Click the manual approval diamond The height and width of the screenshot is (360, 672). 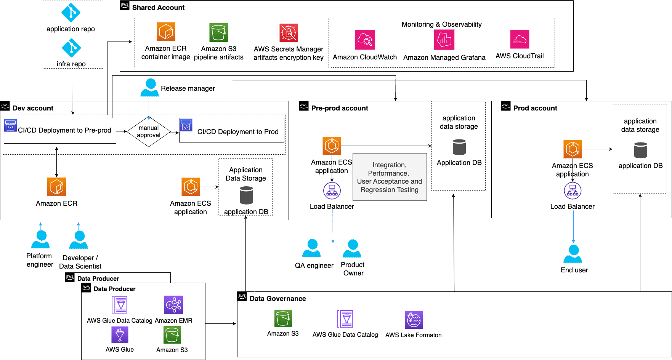coord(149,132)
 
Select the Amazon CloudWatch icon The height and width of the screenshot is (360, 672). coord(365,40)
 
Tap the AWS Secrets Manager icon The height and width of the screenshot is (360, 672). coord(289,33)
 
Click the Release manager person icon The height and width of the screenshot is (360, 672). coord(149,88)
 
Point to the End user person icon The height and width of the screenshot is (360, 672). coord(573,254)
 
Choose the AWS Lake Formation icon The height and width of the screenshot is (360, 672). coord(414,320)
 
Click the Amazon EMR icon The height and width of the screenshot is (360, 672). coord(173,305)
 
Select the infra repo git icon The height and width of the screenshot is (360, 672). coord(71,48)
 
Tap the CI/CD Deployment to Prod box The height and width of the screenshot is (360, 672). coord(232,130)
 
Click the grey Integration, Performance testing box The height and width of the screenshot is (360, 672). coord(390,177)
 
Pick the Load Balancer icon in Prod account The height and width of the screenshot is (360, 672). coord(573,191)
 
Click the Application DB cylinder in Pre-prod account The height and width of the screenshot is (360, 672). coord(459,147)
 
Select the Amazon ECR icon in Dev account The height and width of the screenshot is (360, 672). coord(56,187)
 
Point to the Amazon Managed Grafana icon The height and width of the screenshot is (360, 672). coord(444,40)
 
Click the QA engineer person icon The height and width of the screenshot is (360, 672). coord(311,249)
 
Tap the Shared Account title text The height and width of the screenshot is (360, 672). coord(158,8)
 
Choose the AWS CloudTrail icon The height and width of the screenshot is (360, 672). coord(520,39)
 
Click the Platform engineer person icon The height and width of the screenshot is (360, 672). coord(40,240)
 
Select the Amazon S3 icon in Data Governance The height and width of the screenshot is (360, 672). coord(283,318)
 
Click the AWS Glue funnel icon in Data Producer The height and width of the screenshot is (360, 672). coord(120,335)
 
